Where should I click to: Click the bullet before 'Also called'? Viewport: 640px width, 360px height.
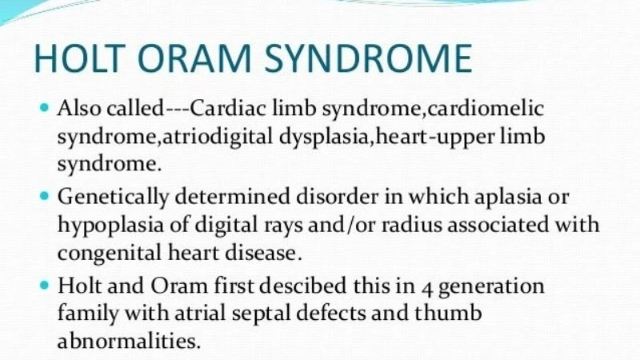[x=43, y=106]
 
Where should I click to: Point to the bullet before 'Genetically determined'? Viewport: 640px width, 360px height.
[x=43, y=196]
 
